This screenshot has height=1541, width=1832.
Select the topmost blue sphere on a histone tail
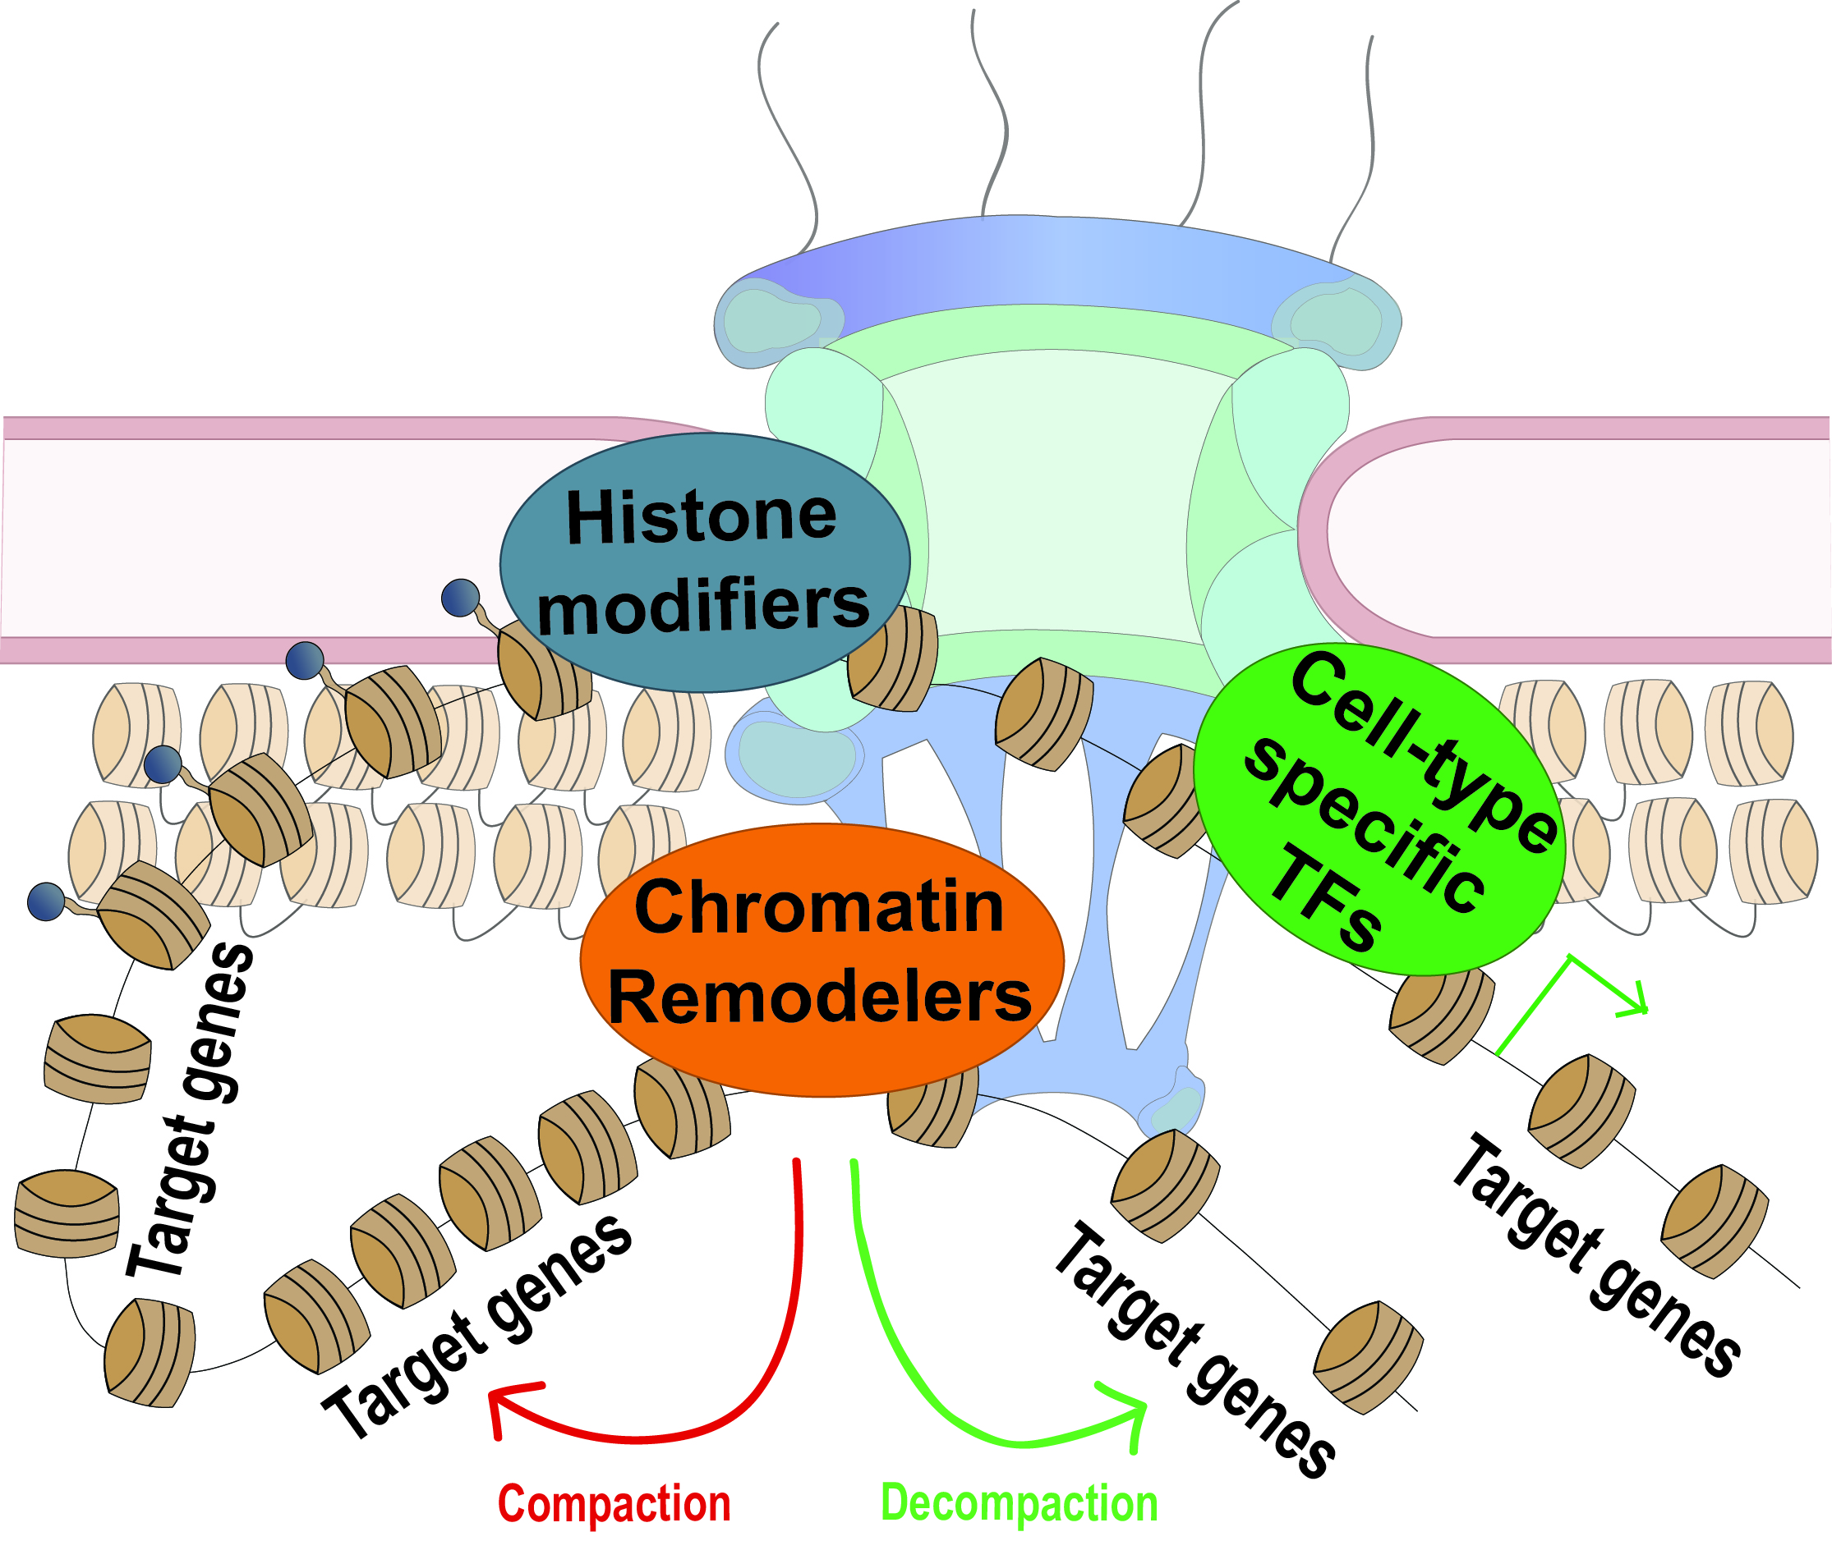(461, 598)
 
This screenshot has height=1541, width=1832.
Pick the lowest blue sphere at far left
(45, 901)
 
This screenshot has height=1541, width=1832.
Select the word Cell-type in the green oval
(1425, 751)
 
